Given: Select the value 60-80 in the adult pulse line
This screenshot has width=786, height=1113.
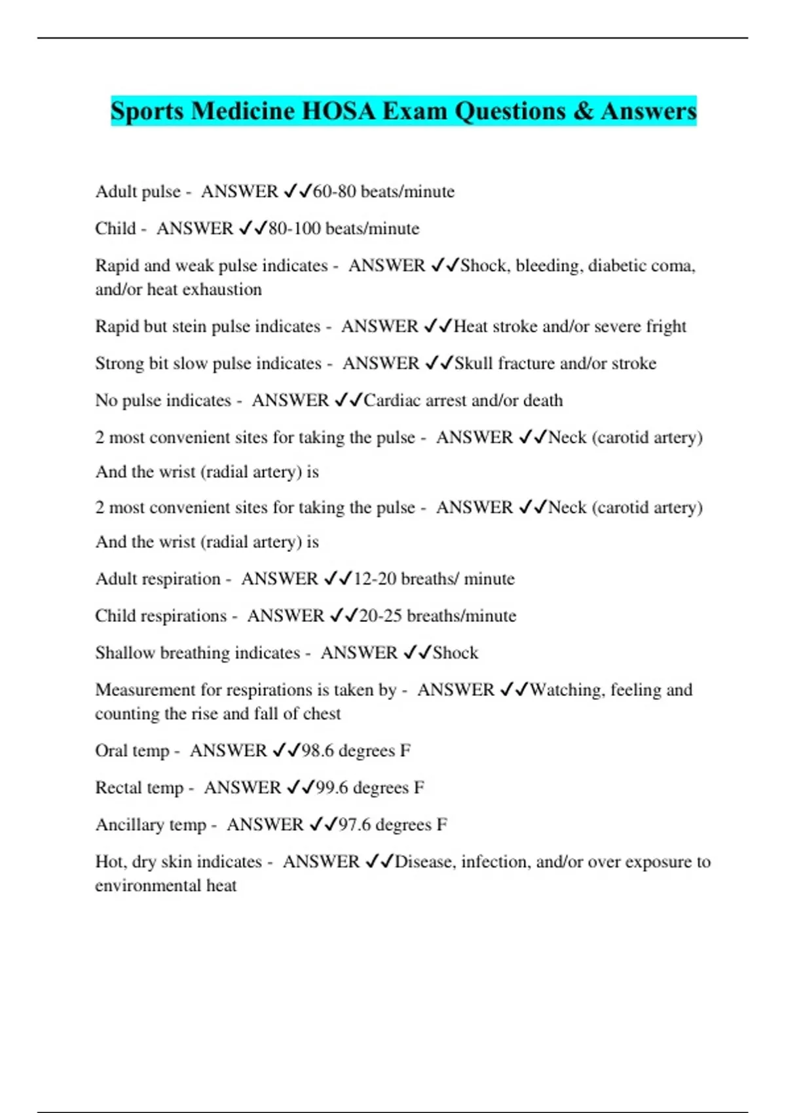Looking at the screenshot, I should point(335,191).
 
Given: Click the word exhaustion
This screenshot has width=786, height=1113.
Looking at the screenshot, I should point(225,289).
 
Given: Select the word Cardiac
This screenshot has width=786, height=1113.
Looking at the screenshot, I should point(392,400).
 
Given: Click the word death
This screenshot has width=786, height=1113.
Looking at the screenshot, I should point(542,400).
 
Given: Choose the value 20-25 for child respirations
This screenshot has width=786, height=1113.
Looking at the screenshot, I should point(381,615).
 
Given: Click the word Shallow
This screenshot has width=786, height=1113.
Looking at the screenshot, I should point(125,653).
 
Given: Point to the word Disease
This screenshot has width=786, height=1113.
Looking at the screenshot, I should point(424,862).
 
